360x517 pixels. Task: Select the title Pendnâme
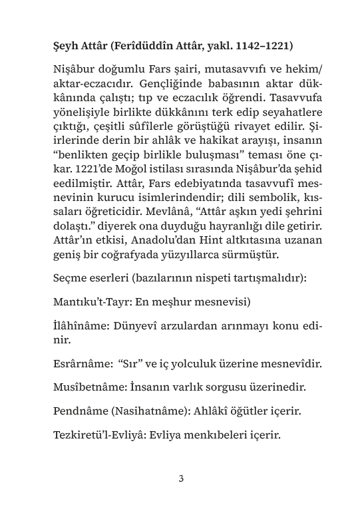coord(79,411)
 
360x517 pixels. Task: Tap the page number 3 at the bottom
coord(180,478)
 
